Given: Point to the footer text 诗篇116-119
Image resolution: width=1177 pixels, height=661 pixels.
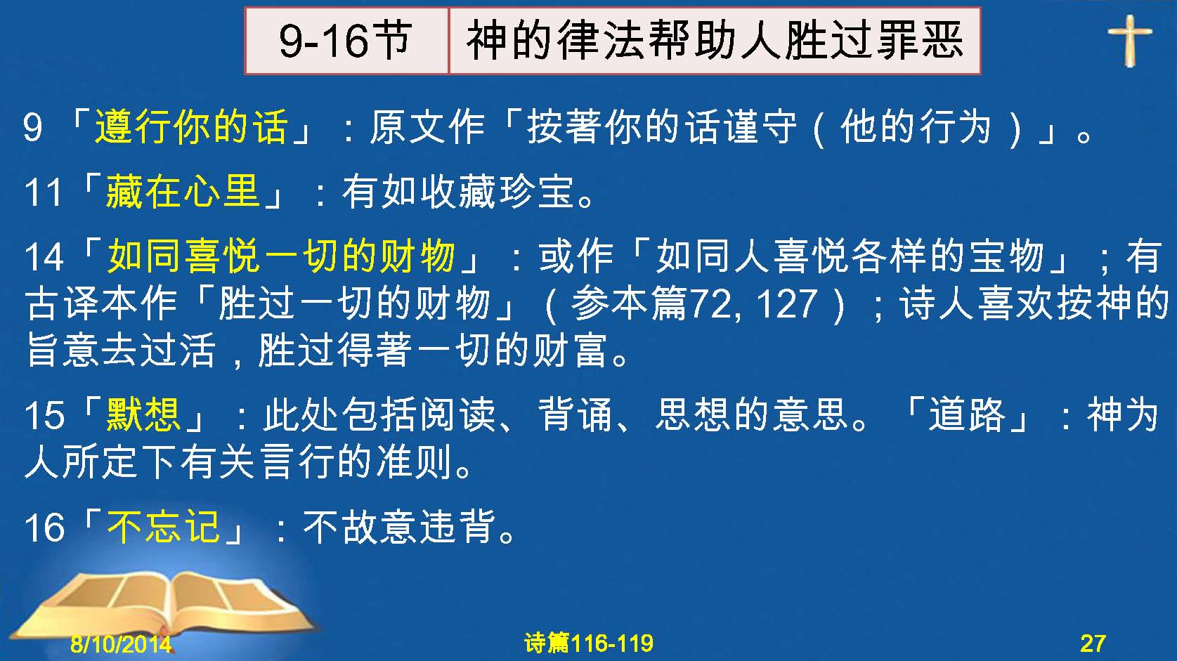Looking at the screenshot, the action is [x=589, y=643].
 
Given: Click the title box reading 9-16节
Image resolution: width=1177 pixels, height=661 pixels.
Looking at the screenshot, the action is [x=347, y=41].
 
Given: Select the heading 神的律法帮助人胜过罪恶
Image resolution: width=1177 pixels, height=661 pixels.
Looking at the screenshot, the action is [x=715, y=41].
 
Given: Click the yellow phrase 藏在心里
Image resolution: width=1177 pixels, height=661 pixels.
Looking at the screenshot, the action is [x=183, y=191].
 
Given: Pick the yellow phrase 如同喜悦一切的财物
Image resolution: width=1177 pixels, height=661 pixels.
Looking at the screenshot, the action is [x=282, y=256].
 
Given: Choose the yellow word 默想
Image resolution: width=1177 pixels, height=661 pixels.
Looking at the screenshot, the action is [x=143, y=414].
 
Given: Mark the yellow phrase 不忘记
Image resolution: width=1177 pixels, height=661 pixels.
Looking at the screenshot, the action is [x=163, y=527].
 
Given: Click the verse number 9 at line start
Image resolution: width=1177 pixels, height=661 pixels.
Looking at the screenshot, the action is [x=32, y=128].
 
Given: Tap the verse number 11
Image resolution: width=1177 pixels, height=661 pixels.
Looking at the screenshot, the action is [x=43, y=192].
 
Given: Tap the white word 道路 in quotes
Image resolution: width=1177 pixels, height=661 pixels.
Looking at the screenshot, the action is [x=967, y=414].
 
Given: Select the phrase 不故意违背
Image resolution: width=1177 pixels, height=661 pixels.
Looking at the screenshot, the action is [x=399, y=527].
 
